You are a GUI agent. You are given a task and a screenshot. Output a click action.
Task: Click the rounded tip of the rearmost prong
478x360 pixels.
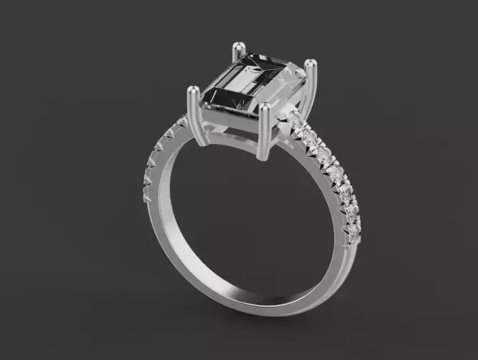(235, 48)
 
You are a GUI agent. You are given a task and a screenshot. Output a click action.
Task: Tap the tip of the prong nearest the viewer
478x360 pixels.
(266, 108)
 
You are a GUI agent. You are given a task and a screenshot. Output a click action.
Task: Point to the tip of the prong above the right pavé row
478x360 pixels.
(310, 65)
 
